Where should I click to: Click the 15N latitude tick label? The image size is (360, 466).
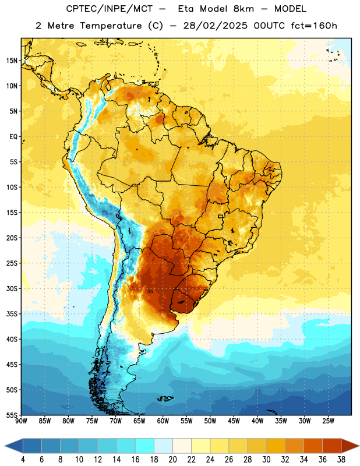[12, 61]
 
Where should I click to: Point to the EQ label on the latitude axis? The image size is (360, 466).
[13, 137]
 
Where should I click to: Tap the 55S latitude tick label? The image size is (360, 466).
[12, 415]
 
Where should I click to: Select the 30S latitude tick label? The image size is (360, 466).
[12, 288]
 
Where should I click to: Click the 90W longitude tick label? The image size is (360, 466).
[21, 421]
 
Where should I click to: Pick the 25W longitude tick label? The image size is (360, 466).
[328, 421]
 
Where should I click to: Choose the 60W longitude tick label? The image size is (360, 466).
[163, 421]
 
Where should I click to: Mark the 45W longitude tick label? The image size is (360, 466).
[234, 421]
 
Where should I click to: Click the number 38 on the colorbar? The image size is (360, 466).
[341, 460]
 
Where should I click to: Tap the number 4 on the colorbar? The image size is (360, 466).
[23, 460]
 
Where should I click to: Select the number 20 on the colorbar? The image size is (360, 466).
[172, 460]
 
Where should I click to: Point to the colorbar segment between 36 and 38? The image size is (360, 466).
[332, 446]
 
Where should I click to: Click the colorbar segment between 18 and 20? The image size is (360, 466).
[163, 446]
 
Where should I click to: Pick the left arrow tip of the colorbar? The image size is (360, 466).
[5, 446]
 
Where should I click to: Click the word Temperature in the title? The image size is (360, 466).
[111, 26]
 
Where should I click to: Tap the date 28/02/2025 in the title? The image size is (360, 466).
[215, 26]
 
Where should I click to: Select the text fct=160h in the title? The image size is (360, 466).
[314, 26]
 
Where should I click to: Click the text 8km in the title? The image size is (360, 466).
[243, 9]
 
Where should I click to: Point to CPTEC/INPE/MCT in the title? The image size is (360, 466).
[109, 9]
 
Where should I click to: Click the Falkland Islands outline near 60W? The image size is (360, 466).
[165, 398]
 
